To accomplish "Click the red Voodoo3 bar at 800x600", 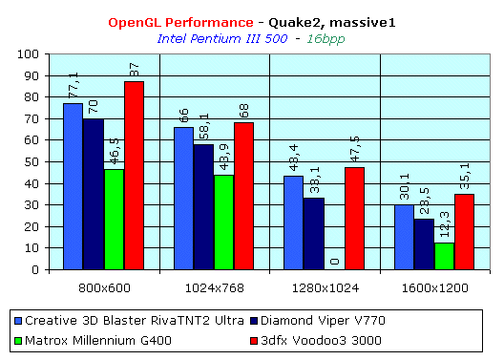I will pos(134,176).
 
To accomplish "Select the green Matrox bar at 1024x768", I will pos(223,222).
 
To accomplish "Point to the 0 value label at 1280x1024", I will pos(333,259).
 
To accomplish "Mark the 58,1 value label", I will pos(204,126).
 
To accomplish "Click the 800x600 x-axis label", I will pos(103,285).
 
